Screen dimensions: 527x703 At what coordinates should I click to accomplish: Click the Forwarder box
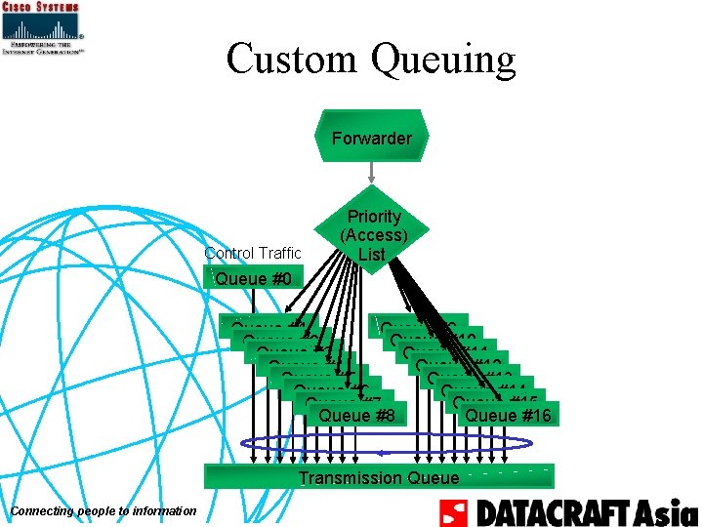[371, 138]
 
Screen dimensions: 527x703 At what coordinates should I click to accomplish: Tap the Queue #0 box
[253, 279]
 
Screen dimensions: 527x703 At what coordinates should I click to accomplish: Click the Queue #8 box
[356, 416]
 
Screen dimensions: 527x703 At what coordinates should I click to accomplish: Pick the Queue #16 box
[508, 416]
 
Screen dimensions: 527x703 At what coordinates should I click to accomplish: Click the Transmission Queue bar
[378, 477]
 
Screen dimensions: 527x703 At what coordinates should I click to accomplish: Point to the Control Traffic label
[253, 254]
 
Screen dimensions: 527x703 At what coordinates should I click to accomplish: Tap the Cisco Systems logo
[41, 28]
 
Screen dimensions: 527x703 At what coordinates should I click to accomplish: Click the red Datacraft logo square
[455, 512]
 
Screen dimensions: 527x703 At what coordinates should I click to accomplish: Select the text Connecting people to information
[103, 512]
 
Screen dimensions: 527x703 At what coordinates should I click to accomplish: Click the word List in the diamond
[371, 255]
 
